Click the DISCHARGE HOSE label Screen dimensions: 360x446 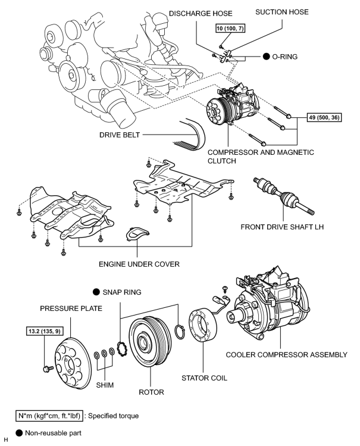(x=201, y=13)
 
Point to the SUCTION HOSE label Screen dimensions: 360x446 (x=282, y=12)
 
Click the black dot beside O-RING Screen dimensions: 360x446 (x=266, y=57)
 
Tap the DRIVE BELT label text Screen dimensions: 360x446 (x=120, y=135)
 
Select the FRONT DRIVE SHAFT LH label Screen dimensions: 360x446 (x=282, y=227)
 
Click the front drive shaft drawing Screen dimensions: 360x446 (x=284, y=196)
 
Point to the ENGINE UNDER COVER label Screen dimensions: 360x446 (x=139, y=264)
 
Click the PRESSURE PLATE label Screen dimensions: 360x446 (x=71, y=308)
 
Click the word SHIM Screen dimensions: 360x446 (x=105, y=385)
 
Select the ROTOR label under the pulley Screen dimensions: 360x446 (x=152, y=392)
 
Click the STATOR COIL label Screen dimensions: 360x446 (x=204, y=378)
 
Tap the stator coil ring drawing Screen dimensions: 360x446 (x=203, y=325)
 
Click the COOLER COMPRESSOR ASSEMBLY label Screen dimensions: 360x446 (x=286, y=355)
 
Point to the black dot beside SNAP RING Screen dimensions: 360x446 (x=96, y=292)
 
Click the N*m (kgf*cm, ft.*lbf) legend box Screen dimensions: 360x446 (x=49, y=416)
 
